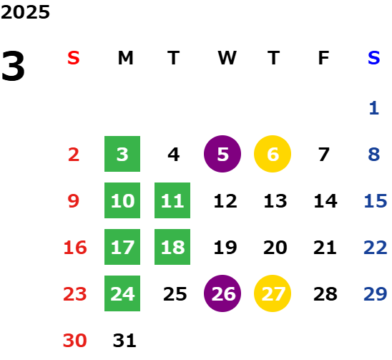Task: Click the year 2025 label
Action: coord(25,12)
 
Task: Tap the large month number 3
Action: coord(13,66)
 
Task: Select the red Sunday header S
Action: coord(74,58)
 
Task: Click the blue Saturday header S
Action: coord(373,58)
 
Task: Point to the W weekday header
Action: coord(227,58)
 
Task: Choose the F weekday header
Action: coord(323,58)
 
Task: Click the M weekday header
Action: coord(125,58)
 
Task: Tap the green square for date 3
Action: coord(122,154)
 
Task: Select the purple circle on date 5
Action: coord(222,154)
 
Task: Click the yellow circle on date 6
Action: coord(273,154)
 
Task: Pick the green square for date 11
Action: coord(172,200)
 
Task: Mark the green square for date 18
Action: coord(172,247)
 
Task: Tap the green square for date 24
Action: coord(122,293)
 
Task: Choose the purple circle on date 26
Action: coord(222,293)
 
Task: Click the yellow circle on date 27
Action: coord(273,293)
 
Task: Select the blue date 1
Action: coord(374,108)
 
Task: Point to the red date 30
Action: coord(74,341)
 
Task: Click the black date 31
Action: coord(124,341)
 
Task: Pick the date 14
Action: coord(325,201)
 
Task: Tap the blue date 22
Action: coord(376,248)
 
